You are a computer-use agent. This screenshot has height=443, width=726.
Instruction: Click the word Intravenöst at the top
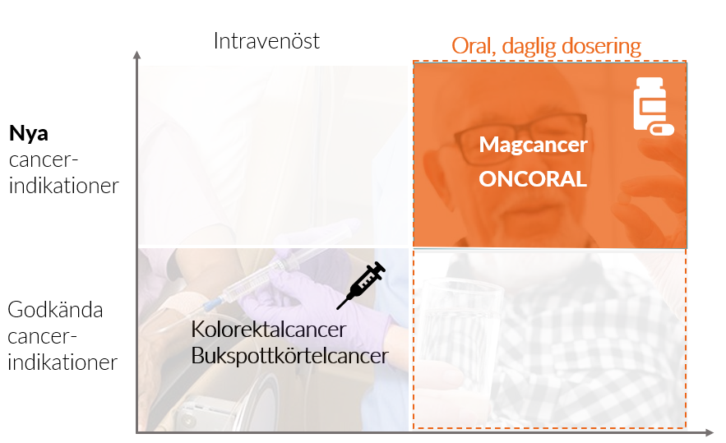pyautogui.click(x=266, y=41)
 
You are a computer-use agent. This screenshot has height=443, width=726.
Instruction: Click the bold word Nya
pyautogui.click(x=29, y=133)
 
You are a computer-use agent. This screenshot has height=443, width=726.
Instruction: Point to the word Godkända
pyautogui.click(x=55, y=310)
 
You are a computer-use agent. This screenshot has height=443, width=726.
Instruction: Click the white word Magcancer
pyautogui.click(x=533, y=145)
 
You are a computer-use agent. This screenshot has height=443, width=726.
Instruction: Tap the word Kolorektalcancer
pyautogui.click(x=269, y=330)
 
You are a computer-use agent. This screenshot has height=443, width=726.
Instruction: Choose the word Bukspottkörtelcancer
pyautogui.click(x=289, y=356)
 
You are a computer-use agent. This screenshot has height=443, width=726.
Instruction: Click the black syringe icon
pyautogui.click(x=361, y=285)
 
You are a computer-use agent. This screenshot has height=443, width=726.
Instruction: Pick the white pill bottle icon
pyautogui.click(x=650, y=103)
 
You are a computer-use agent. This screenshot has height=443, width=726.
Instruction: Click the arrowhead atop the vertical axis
pyautogui.click(x=136, y=55)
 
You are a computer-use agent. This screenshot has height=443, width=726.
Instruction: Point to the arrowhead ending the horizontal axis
pyautogui.click(x=709, y=433)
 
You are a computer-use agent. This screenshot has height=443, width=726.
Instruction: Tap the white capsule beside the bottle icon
pyautogui.click(x=662, y=129)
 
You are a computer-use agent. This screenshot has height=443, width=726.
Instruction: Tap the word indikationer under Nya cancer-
pyautogui.click(x=64, y=186)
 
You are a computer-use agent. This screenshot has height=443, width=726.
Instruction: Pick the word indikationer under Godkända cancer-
pyautogui.click(x=62, y=362)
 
